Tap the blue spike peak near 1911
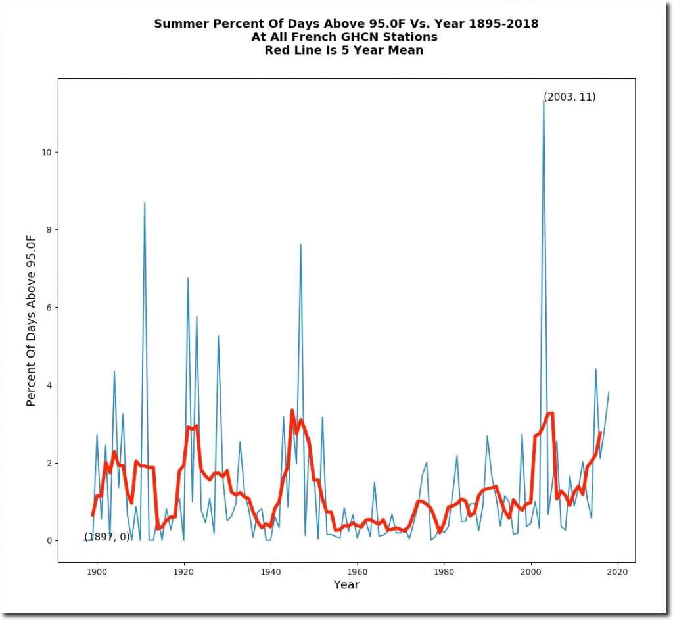(x=145, y=203)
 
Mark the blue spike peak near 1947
(x=301, y=245)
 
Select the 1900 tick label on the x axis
(x=97, y=572)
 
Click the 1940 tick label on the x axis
(x=271, y=572)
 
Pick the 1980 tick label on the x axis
(x=444, y=572)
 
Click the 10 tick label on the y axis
(x=47, y=152)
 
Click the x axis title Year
(x=346, y=584)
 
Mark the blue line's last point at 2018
(x=609, y=393)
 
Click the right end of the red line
(x=600, y=433)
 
